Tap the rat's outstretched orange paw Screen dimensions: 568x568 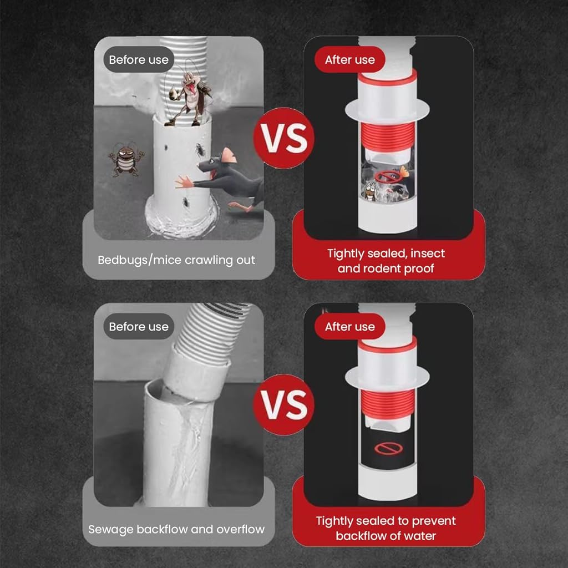[x=184, y=181]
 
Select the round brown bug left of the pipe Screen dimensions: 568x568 [x=126, y=160]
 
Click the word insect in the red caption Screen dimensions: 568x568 [x=428, y=253]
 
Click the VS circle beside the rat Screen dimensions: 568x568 [x=284, y=138]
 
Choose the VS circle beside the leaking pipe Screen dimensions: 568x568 [x=284, y=404]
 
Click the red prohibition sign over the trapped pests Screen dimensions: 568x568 [x=387, y=177]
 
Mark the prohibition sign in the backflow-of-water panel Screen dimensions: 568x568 [x=388, y=448]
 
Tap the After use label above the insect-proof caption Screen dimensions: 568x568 [x=350, y=60]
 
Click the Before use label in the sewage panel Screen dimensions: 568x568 [x=139, y=326]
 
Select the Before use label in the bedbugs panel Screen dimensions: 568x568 [x=139, y=59]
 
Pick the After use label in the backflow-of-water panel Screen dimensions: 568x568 [x=350, y=326]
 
